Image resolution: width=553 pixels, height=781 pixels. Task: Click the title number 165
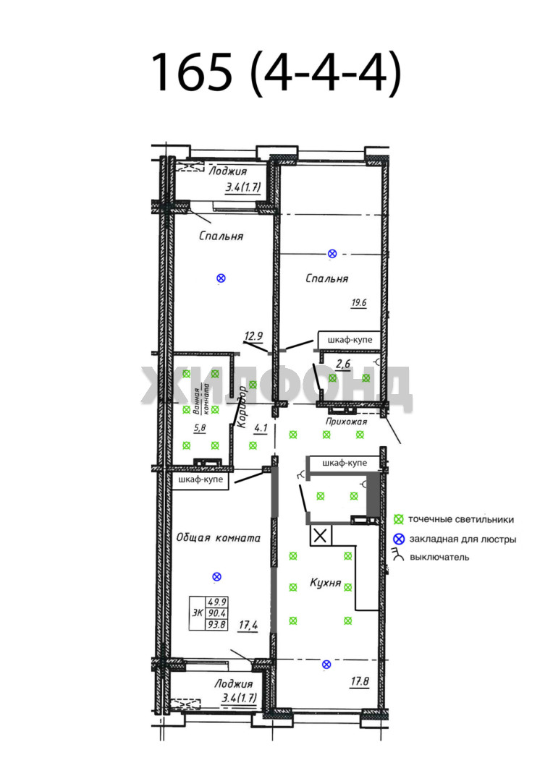coord(192,72)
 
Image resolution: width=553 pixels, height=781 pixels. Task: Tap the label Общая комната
coord(219,538)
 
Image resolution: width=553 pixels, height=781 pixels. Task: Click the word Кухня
coord(326,582)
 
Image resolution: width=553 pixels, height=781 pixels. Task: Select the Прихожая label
coord(346,422)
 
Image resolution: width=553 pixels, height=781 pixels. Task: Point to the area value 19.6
coord(358,302)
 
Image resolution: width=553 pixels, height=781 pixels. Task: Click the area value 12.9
coord(253,336)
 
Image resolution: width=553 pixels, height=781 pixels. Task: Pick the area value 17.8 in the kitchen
coord(359,681)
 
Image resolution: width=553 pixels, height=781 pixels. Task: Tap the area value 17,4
coord(248,625)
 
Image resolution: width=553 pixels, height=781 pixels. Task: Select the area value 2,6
coord(343,364)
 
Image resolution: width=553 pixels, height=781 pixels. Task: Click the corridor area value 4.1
coord(261,428)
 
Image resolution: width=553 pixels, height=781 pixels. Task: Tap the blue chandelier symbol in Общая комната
coord(216,577)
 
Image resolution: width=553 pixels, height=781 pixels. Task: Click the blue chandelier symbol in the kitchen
coord(326,664)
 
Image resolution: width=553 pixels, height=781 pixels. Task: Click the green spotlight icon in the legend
coord(398,519)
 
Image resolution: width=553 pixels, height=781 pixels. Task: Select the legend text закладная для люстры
coord(463,539)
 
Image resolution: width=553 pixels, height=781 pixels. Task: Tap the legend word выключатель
coord(439,558)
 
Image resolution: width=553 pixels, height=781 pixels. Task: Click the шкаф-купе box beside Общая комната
coord(200,479)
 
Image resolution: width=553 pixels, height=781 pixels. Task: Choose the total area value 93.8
coord(217,624)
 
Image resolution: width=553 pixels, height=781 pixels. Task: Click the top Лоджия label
coord(228,171)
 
